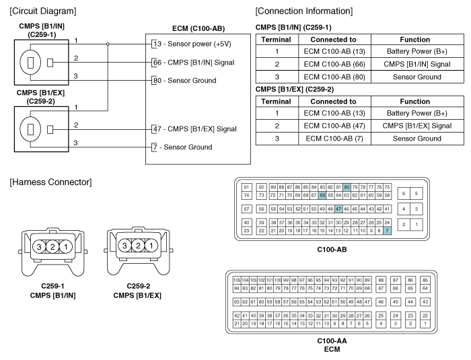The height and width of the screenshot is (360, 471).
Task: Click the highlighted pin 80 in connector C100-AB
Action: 347,187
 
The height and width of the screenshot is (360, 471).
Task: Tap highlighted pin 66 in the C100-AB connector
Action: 322,195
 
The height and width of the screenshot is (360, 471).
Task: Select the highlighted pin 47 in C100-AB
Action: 338,209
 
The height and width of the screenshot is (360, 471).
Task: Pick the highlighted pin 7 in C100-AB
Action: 387,231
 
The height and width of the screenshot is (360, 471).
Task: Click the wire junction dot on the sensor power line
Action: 108,44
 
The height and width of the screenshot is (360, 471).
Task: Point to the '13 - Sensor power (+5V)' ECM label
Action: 192,44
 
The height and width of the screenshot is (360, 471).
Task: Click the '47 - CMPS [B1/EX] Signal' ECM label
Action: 195,129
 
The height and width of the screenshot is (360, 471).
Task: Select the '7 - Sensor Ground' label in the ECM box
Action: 182,147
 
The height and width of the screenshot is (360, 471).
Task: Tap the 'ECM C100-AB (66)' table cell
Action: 334,64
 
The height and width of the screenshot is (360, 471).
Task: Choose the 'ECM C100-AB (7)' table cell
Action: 334,139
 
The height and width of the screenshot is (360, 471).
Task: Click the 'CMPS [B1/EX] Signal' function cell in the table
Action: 417,126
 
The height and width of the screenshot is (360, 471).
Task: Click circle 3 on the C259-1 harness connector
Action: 39,247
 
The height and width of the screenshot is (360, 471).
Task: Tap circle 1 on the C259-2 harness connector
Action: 151,246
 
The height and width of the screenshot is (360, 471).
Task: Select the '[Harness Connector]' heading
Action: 50,182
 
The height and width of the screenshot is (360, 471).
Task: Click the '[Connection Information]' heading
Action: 304,11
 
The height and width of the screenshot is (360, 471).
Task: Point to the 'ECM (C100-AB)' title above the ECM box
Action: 198,28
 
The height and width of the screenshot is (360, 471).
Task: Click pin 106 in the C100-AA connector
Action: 237,280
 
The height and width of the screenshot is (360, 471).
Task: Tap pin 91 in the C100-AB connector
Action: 247,187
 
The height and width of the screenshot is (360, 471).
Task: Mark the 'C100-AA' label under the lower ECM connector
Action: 332,340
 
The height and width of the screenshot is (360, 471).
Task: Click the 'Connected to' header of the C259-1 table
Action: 334,40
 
